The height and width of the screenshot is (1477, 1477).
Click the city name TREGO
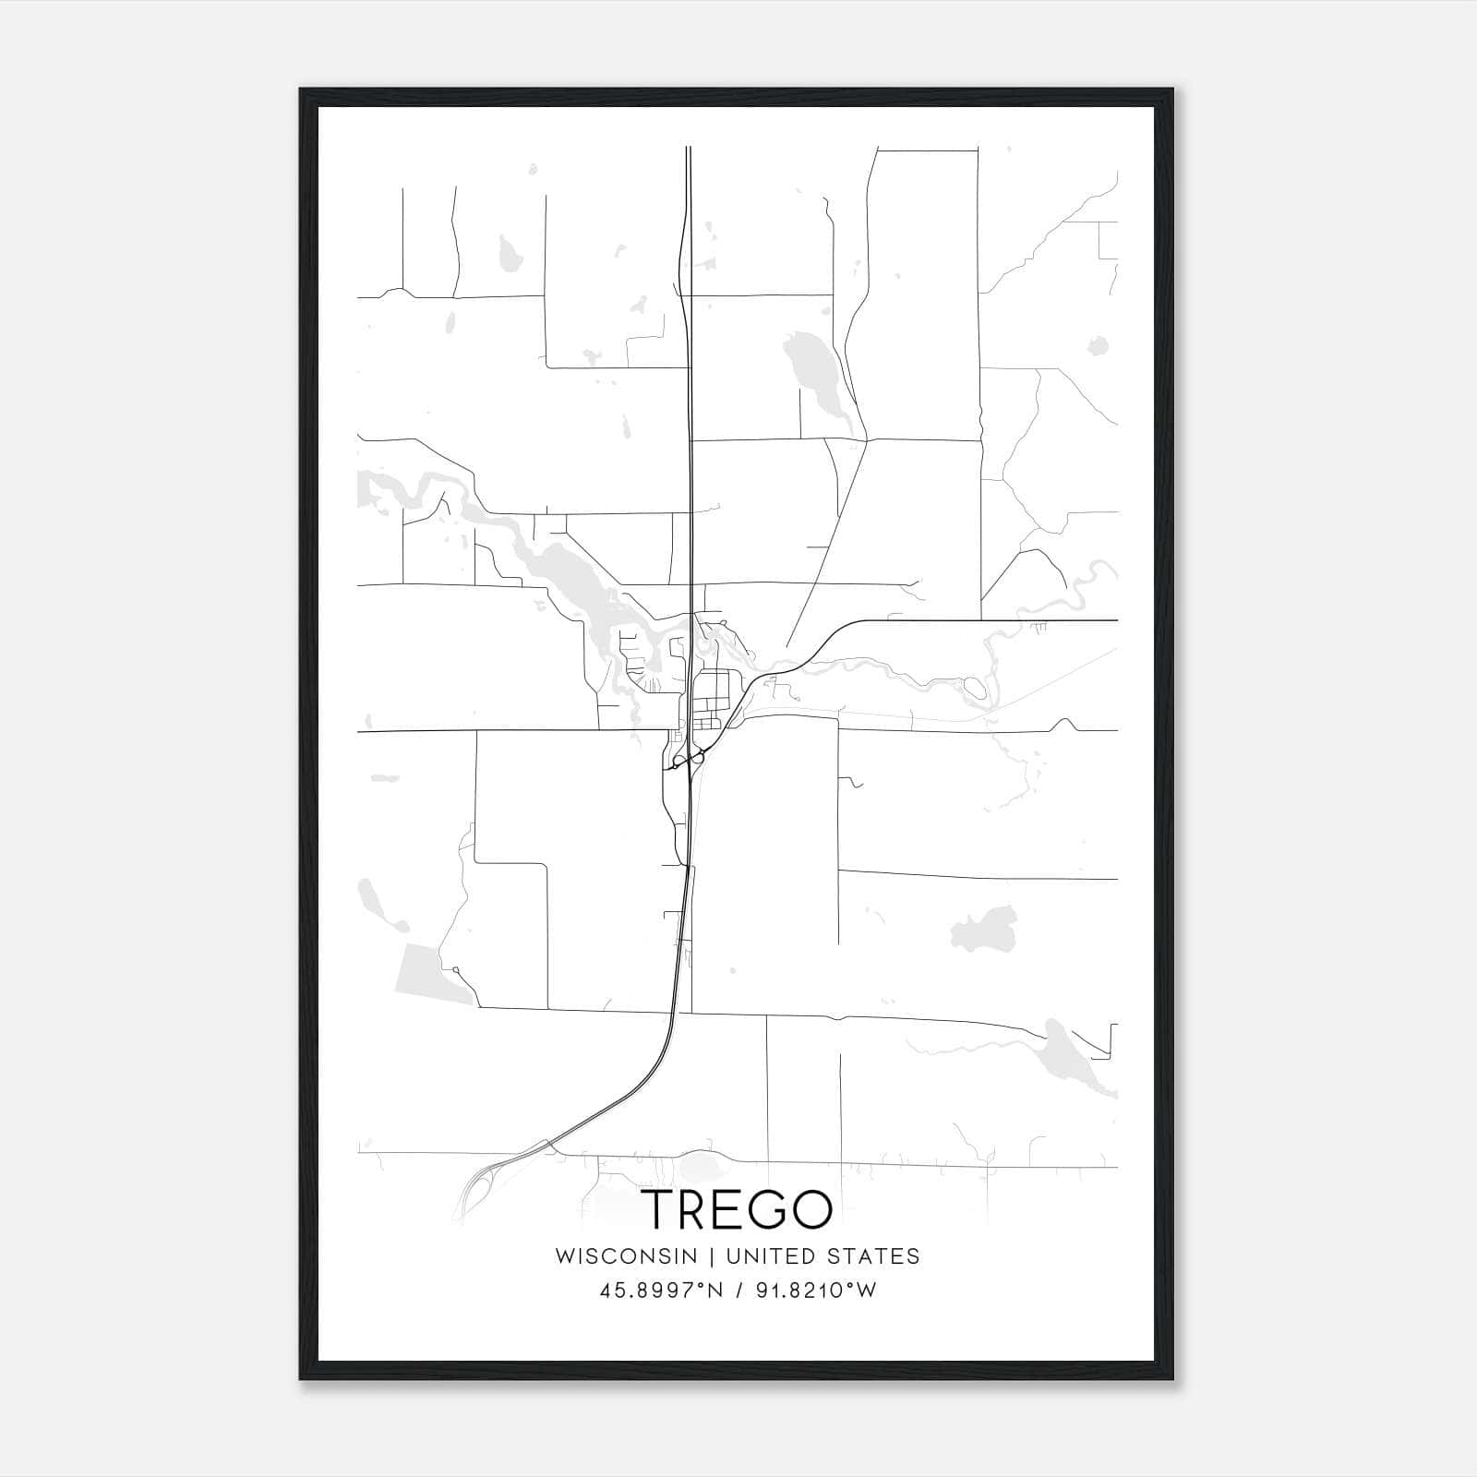tap(738, 1208)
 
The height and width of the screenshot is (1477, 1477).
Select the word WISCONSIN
tap(626, 1255)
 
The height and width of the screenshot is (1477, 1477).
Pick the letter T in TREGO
tap(659, 1208)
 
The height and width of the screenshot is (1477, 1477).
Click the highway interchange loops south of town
tap(688, 760)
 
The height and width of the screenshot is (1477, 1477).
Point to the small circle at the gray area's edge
tap(456, 969)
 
